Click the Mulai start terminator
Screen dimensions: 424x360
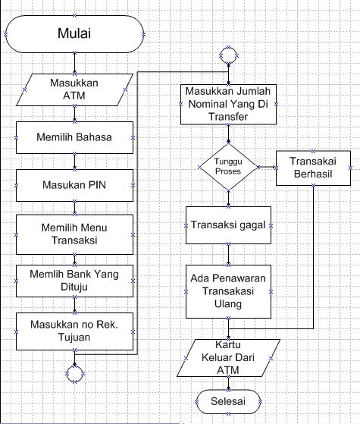(x=74, y=34)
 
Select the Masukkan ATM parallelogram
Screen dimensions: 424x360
(x=74, y=90)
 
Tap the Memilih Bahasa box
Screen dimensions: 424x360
(x=74, y=138)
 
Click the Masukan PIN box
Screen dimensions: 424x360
(x=74, y=184)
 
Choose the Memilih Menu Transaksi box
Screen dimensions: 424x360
(x=74, y=233)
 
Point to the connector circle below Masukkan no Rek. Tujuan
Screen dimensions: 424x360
(x=74, y=373)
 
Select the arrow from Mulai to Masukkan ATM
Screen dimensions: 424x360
(x=74, y=63)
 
